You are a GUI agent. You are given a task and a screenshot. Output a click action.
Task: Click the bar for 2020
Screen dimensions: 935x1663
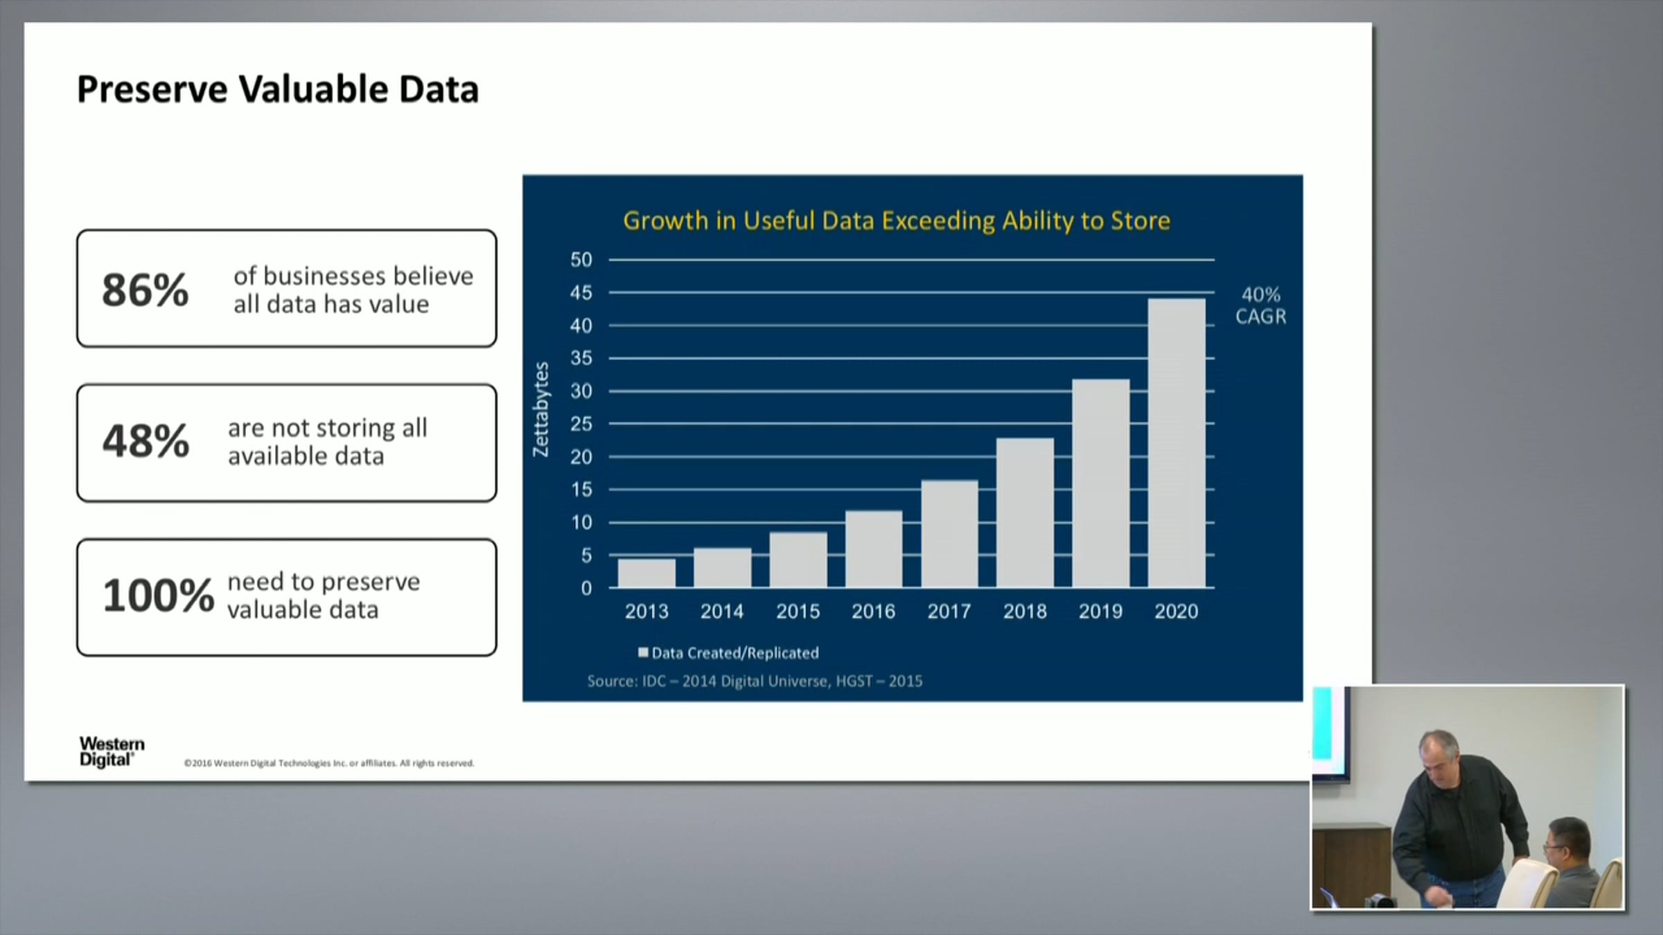click(x=1177, y=443)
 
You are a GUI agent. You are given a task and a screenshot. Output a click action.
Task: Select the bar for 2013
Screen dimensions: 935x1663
click(x=646, y=573)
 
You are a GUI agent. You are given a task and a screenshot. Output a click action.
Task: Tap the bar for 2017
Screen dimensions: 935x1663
click(x=949, y=534)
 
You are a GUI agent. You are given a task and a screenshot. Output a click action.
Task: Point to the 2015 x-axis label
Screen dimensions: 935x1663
click(x=798, y=612)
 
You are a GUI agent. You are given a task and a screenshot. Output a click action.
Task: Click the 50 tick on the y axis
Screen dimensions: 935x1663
click(x=581, y=260)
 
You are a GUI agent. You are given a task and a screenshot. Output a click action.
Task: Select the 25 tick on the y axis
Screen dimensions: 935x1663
click(x=581, y=424)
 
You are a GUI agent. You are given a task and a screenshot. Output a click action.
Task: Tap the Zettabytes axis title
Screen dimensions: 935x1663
click(x=540, y=409)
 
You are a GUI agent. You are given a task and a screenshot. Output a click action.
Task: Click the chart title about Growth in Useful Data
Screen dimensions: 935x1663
click(x=896, y=221)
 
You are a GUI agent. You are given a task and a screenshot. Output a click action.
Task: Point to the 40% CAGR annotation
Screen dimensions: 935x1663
click(x=1260, y=305)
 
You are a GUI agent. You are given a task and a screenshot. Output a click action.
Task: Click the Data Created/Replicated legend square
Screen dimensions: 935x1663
click(x=643, y=652)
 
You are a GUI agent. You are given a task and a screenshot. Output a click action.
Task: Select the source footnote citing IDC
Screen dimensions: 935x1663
click(x=755, y=682)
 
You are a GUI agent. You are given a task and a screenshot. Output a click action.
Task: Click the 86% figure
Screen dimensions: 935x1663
click(x=145, y=290)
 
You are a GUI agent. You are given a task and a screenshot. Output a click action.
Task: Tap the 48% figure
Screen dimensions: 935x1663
click(x=146, y=441)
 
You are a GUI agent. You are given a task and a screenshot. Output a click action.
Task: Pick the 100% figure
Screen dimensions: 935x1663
click(x=159, y=596)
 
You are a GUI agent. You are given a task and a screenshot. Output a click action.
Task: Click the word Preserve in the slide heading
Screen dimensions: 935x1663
click(x=152, y=89)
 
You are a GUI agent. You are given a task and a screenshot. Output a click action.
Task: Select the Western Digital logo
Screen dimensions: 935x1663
click(x=112, y=751)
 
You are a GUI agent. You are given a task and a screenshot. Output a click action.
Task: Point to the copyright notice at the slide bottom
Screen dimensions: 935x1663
click(x=329, y=763)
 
